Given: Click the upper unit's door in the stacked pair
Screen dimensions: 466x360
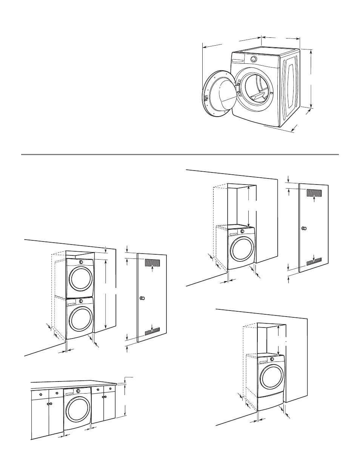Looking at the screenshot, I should [x=80, y=278].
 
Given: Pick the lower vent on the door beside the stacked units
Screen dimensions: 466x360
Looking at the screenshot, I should [x=152, y=331].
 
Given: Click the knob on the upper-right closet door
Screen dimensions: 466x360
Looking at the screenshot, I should [x=304, y=229].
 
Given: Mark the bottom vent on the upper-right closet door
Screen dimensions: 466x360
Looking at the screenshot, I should [x=314, y=261].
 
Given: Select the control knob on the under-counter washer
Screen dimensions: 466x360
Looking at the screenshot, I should [x=78, y=391].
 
